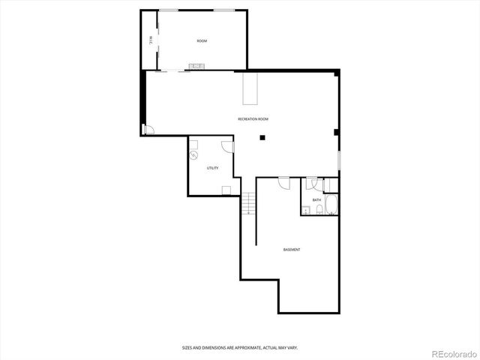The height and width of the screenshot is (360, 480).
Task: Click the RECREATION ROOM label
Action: pyautogui.click(x=253, y=119)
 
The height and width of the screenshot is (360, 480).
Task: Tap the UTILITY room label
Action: pyautogui.click(x=213, y=168)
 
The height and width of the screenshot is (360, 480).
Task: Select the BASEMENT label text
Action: pyautogui.click(x=292, y=249)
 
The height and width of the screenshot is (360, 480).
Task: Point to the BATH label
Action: pyautogui.click(x=316, y=200)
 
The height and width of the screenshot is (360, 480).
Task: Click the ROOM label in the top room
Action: pyautogui.click(x=202, y=40)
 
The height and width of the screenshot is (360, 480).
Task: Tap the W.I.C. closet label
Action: pyautogui.click(x=150, y=40)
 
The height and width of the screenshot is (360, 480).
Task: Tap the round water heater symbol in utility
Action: pyautogui.click(x=193, y=155)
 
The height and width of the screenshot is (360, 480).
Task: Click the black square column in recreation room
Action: pyautogui.click(x=262, y=137)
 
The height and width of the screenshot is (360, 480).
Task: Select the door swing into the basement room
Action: pyautogui.click(x=283, y=182)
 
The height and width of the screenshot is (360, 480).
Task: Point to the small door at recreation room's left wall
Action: pyautogui.click(x=148, y=129)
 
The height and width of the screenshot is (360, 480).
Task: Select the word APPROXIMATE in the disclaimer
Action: pyautogui.click(x=231, y=347)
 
